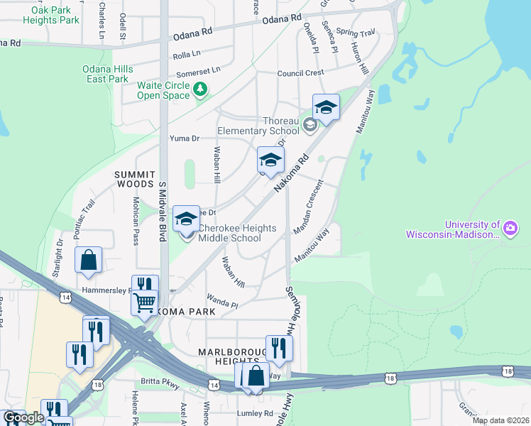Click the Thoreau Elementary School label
point(258,126)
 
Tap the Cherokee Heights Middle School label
point(229,233)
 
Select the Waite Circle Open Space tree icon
point(201,89)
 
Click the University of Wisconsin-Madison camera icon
point(510,228)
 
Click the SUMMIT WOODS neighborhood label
point(136,179)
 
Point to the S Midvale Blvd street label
point(162,211)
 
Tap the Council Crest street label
point(300,72)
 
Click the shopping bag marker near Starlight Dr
point(88,261)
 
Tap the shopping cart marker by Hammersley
point(144,302)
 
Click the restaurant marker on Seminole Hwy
point(279,348)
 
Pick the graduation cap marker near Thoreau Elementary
point(326,107)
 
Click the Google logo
point(23,417)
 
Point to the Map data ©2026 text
point(500,420)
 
